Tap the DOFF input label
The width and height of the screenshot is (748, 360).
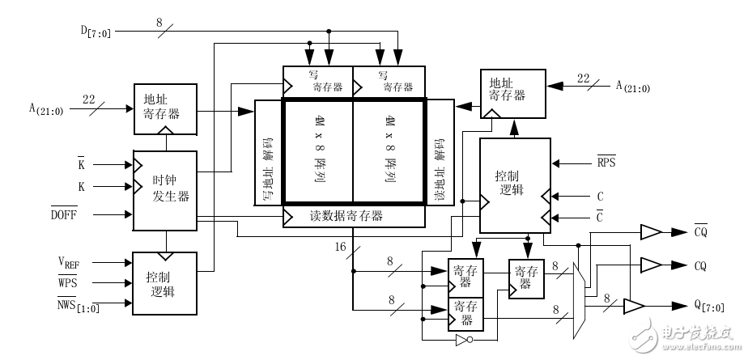86,215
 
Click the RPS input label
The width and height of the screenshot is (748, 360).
606,162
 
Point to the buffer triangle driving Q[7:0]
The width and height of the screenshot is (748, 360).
634,306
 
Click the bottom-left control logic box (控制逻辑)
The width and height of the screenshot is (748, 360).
164,283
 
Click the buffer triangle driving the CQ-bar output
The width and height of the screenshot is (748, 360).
650,233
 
